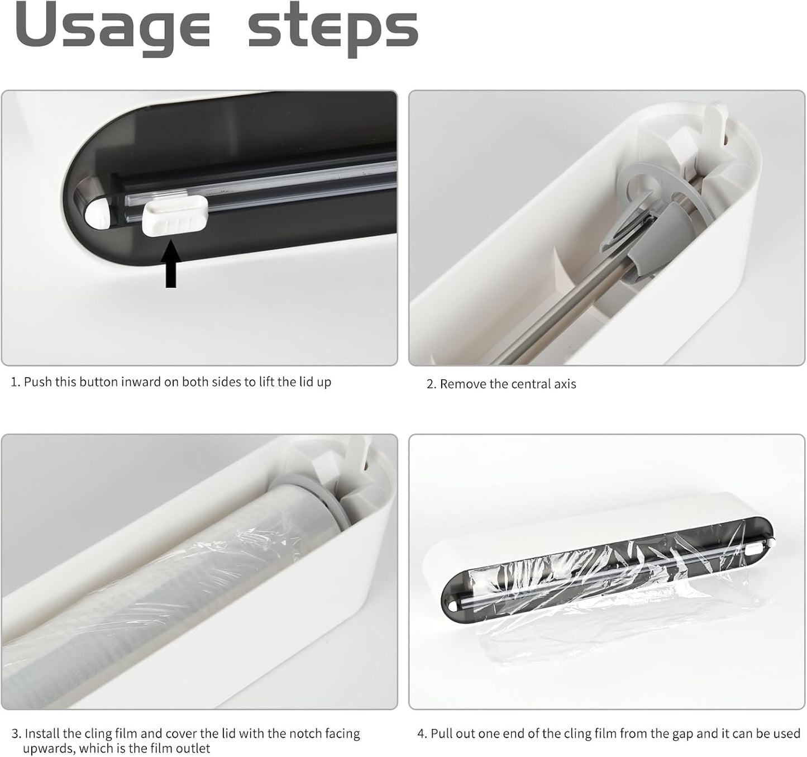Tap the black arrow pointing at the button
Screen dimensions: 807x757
[x=171, y=264]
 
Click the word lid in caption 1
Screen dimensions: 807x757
[x=305, y=382]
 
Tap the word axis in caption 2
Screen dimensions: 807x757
[x=565, y=384]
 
